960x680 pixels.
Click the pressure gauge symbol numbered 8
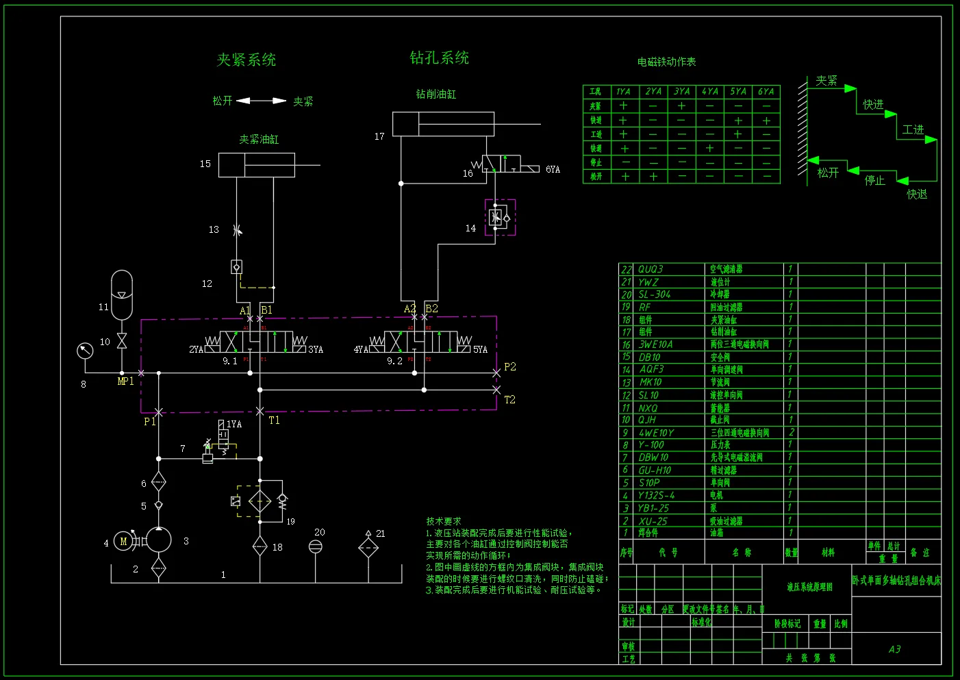pyautogui.click(x=85, y=351)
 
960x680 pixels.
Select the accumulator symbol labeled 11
pyautogui.click(x=121, y=294)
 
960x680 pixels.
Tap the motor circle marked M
pyautogui.click(x=124, y=542)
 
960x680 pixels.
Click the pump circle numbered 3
pyautogui.click(x=158, y=540)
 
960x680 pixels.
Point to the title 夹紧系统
pyautogui.click(x=247, y=60)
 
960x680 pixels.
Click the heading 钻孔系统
pyautogui.click(x=440, y=58)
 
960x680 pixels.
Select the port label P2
pyautogui.click(x=510, y=367)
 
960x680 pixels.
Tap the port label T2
pyautogui.click(x=510, y=399)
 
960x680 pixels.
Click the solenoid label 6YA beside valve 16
pyautogui.click(x=553, y=170)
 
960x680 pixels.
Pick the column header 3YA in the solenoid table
pyautogui.click(x=681, y=92)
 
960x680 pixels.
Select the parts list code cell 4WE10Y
pyautogui.click(x=656, y=433)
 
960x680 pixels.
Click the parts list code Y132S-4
pyautogui.click(x=656, y=495)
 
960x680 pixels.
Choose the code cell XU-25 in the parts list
pyautogui.click(x=653, y=521)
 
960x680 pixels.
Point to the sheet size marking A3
pyautogui.click(x=894, y=649)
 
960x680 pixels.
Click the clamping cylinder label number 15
pyautogui.click(x=205, y=164)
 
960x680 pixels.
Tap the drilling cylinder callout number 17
pyautogui.click(x=379, y=137)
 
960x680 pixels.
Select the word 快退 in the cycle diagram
pyautogui.click(x=917, y=194)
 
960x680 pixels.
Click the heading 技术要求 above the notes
pyautogui.click(x=444, y=521)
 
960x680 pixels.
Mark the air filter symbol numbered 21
pyautogui.click(x=368, y=547)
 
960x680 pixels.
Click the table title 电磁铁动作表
pyautogui.click(x=666, y=62)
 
